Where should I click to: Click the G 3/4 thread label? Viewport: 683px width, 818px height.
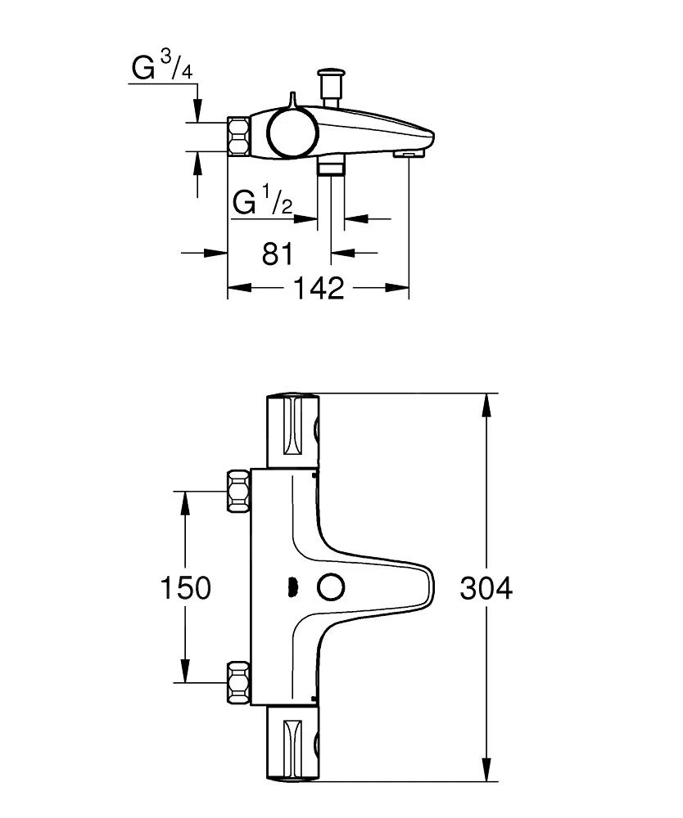click(163, 68)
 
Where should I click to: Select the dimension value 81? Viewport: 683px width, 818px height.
click(278, 253)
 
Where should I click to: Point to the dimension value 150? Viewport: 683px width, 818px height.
click(186, 587)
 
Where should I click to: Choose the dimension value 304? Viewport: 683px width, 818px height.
click(486, 587)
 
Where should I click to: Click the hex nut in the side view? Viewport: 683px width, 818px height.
click(238, 137)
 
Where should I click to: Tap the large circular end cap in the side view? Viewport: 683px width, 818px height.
click(288, 134)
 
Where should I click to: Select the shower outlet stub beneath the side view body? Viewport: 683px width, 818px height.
click(330, 167)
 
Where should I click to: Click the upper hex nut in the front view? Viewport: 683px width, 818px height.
click(238, 491)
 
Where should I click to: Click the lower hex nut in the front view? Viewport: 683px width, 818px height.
click(238, 681)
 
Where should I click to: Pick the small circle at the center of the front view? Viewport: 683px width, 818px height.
click(331, 587)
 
